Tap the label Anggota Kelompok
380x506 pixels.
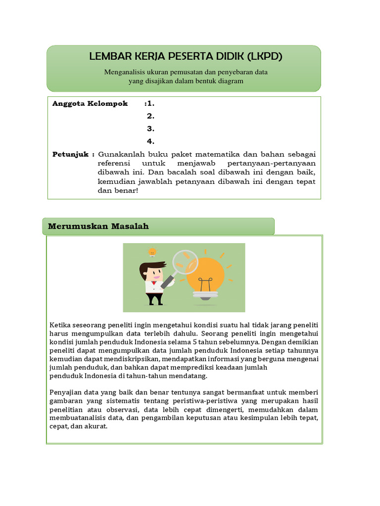[90, 104]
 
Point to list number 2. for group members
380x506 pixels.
[150, 117]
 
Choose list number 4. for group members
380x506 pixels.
[150, 142]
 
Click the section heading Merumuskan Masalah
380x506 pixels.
[98, 226]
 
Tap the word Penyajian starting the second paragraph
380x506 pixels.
[64, 392]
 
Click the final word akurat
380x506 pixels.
[96, 426]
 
